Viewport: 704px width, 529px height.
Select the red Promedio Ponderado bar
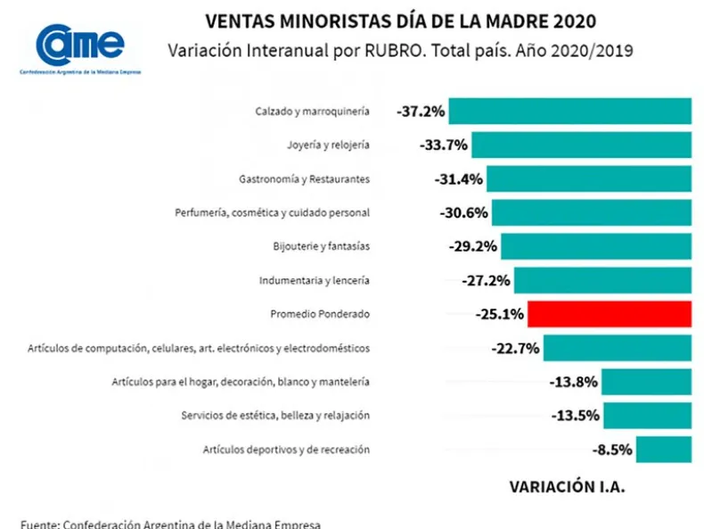610,314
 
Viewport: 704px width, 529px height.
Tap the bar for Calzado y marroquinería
570,111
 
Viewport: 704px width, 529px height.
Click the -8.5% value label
612,450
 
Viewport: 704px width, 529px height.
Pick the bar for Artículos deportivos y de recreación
664,450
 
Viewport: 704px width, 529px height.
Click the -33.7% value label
443,145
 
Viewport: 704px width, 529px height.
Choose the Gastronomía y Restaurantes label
304,178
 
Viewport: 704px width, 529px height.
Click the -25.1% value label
500,314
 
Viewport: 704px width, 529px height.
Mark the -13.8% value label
574,382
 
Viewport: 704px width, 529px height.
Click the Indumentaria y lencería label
314,280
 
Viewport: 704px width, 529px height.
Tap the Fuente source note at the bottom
170,523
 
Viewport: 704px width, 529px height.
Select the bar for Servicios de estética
647,416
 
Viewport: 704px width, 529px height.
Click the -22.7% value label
515,348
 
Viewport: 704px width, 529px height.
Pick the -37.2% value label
421,111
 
